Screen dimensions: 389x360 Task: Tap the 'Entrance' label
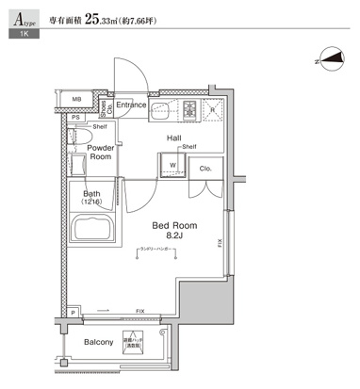132,105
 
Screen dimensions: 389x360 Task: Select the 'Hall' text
174,138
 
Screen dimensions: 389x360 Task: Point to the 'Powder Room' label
100,153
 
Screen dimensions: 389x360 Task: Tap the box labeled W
173,167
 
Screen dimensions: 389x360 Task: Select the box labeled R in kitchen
213,109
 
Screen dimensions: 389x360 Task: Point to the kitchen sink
157,110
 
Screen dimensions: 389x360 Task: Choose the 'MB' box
77,98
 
